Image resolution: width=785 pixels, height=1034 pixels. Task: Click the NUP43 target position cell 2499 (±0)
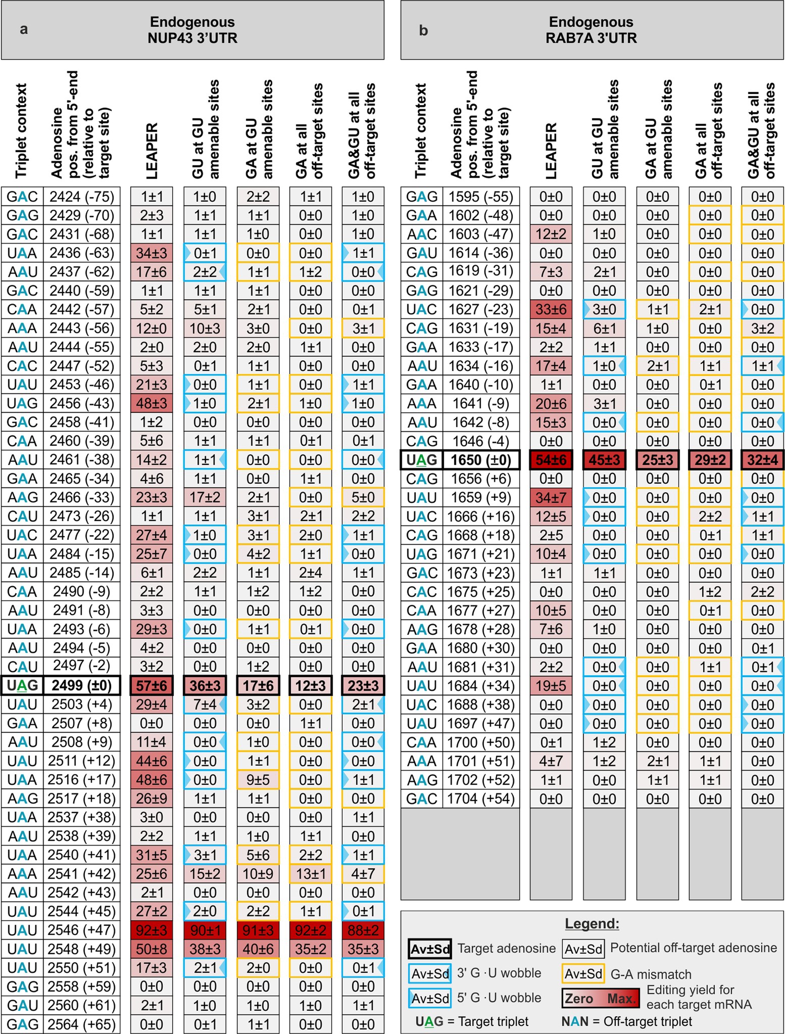pos(82,685)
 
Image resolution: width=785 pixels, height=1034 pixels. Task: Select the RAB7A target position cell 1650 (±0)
pos(481,460)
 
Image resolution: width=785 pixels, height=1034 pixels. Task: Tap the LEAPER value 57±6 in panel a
pos(152,685)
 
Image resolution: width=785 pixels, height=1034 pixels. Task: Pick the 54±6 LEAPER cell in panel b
pos(551,460)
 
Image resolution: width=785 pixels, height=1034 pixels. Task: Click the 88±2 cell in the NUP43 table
pos(363,930)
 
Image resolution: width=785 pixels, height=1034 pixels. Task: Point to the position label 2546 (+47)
pos(82,930)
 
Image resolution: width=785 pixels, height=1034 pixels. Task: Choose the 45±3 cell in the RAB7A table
pos(604,460)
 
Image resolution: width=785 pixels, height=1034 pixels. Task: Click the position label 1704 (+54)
pos(481,798)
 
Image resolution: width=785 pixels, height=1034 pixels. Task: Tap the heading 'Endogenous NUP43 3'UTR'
pos(192,30)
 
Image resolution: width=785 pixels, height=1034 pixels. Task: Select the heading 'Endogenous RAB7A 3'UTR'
pos(591,30)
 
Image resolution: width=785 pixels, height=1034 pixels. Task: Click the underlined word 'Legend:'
pos(592,924)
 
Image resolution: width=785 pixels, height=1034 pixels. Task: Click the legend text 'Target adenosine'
pos(506,948)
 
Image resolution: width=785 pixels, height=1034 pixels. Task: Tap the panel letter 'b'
pos(423,30)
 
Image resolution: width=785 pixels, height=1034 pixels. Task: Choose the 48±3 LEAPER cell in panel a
pos(152,403)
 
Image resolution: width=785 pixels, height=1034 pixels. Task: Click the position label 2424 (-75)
pos(82,197)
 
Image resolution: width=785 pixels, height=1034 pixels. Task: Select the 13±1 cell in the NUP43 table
pos(310,874)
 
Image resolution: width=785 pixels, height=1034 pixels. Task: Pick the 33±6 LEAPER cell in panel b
pos(551,309)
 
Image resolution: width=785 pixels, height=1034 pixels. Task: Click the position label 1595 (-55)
pos(481,197)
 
